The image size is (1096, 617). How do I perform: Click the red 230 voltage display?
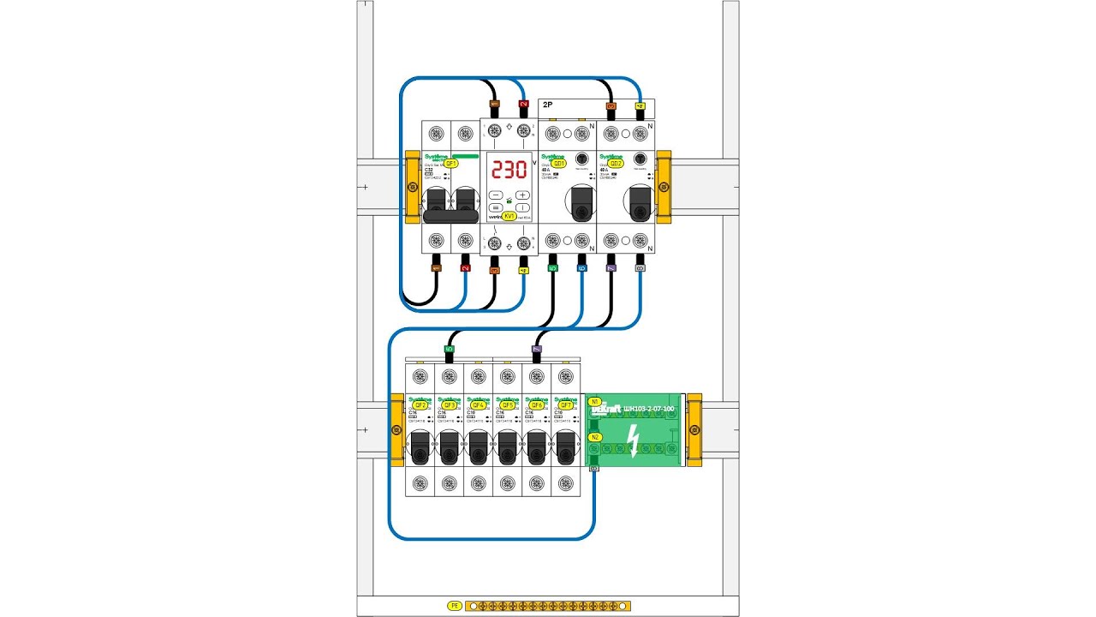[x=509, y=168]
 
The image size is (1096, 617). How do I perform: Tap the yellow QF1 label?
[x=450, y=163]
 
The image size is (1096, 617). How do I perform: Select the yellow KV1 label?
[x=509, y=217]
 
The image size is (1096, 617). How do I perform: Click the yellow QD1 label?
[x=558, y=163]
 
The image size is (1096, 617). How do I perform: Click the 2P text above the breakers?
[x=547, y=105]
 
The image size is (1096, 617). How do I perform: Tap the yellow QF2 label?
[x=420, y=404]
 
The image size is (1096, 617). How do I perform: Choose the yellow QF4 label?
[x=479, y=404]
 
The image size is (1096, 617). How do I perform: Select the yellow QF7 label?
[x=565, y=404]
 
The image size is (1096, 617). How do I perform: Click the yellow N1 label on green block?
[x=595, y=401]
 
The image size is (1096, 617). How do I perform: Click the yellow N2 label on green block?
[x=595, y=437]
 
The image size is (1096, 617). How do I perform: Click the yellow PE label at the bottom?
[x=455, y=606]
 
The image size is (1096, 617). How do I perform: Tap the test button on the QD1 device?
[x=581, y=159]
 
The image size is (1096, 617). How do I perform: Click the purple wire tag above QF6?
[x=537, y=349]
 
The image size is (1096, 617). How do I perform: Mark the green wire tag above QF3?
[x=450, y=349]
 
